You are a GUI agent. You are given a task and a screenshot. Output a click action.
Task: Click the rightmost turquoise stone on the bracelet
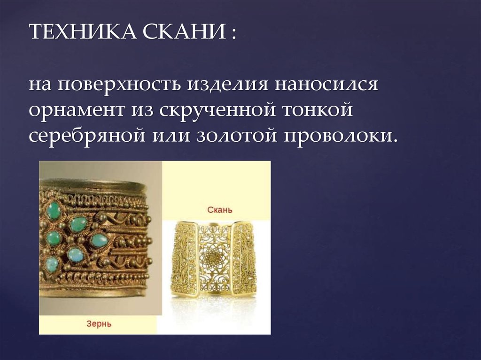(99, 240)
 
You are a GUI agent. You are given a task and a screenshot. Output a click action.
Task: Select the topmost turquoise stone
(53, 210)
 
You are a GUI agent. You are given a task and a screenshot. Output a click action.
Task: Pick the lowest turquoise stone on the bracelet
(52, 263)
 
